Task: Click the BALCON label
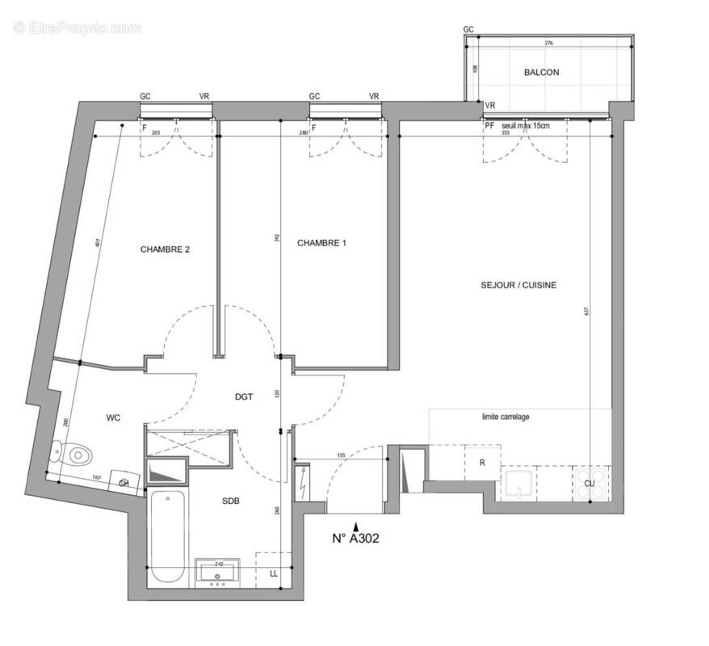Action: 540,73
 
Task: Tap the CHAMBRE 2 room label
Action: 165,250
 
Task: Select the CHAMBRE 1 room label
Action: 321,243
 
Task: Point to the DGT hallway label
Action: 244,396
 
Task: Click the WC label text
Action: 113,418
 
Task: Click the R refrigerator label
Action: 482,463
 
